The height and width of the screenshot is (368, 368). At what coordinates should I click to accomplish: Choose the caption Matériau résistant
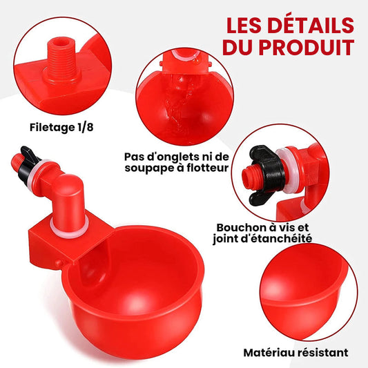296,352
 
